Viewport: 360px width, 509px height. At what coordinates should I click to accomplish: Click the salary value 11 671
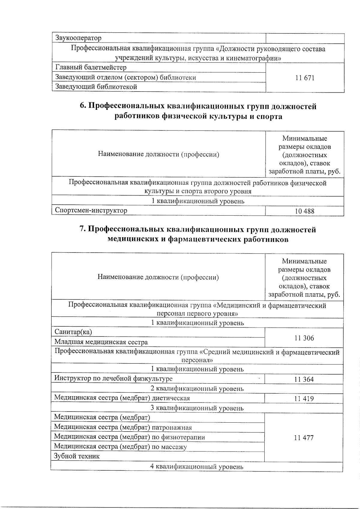(x=304, y=78)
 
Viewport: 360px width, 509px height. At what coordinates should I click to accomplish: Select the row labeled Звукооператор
(x=78, y=38)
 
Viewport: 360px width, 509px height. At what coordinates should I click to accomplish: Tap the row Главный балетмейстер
(x=91, y=67)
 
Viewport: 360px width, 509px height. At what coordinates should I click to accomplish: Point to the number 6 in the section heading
(x=82, y=106)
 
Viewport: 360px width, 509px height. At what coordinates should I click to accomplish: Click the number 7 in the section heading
(x=82, y=230)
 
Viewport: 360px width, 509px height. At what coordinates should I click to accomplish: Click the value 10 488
(x=304, y=211)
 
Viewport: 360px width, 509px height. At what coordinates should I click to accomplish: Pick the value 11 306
(x=304, y=338)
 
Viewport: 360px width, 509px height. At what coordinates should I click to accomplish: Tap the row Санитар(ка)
(x=73, y=332)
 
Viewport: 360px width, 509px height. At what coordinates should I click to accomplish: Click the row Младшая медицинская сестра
(x=101, y=342)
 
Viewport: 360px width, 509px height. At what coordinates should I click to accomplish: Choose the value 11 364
(x=304, y=379)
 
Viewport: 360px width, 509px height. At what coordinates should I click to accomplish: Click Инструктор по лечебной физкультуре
(x=113, y=379)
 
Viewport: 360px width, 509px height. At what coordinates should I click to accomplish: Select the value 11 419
(x=304, y=399)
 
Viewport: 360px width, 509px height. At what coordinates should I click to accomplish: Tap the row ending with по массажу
(x=120, y=447)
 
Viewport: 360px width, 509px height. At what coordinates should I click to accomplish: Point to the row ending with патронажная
(x=123, y=427)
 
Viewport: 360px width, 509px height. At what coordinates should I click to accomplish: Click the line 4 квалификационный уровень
(x=197, y=467)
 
